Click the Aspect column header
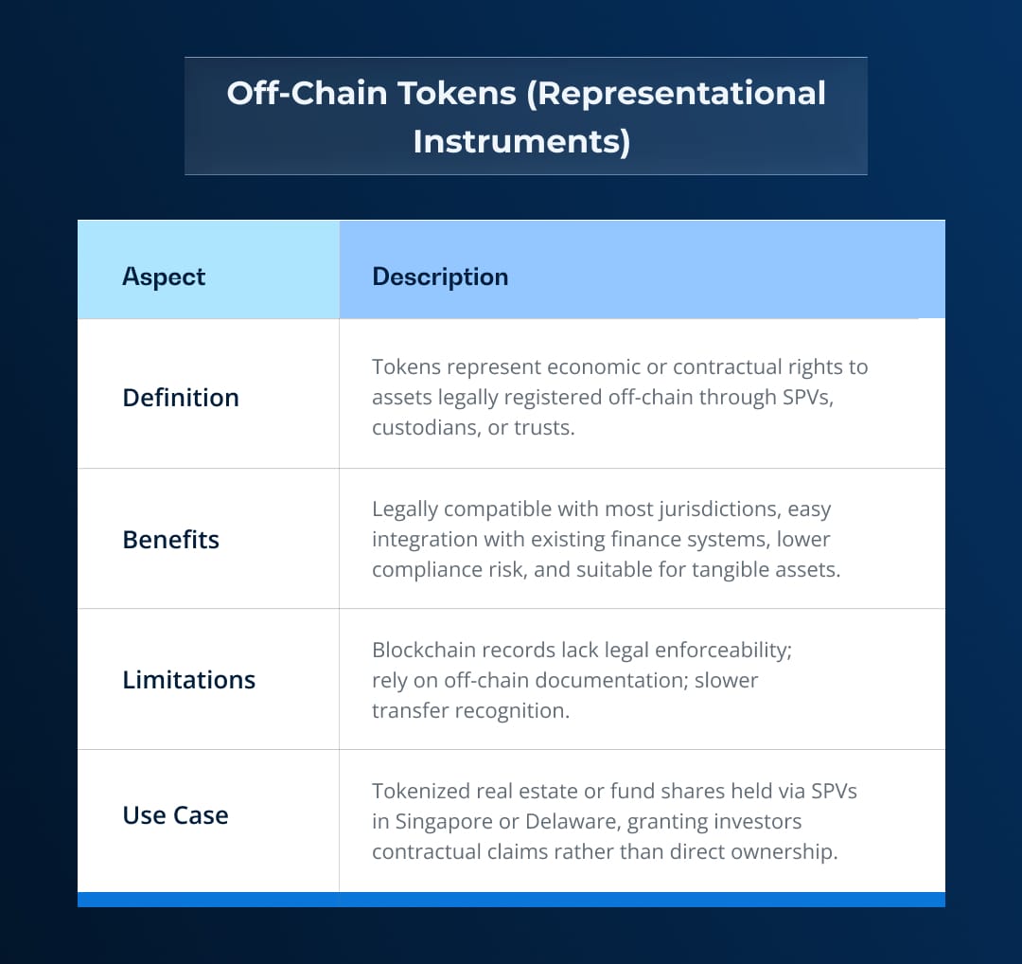[x=164, y=277]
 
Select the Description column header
[x=440, y=277]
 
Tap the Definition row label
[x=181, y=398]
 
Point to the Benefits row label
[x=171, y=540]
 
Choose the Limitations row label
[x=189, y=680]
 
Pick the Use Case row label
[x=176, y=815]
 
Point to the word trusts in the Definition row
[x=542, y=427]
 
